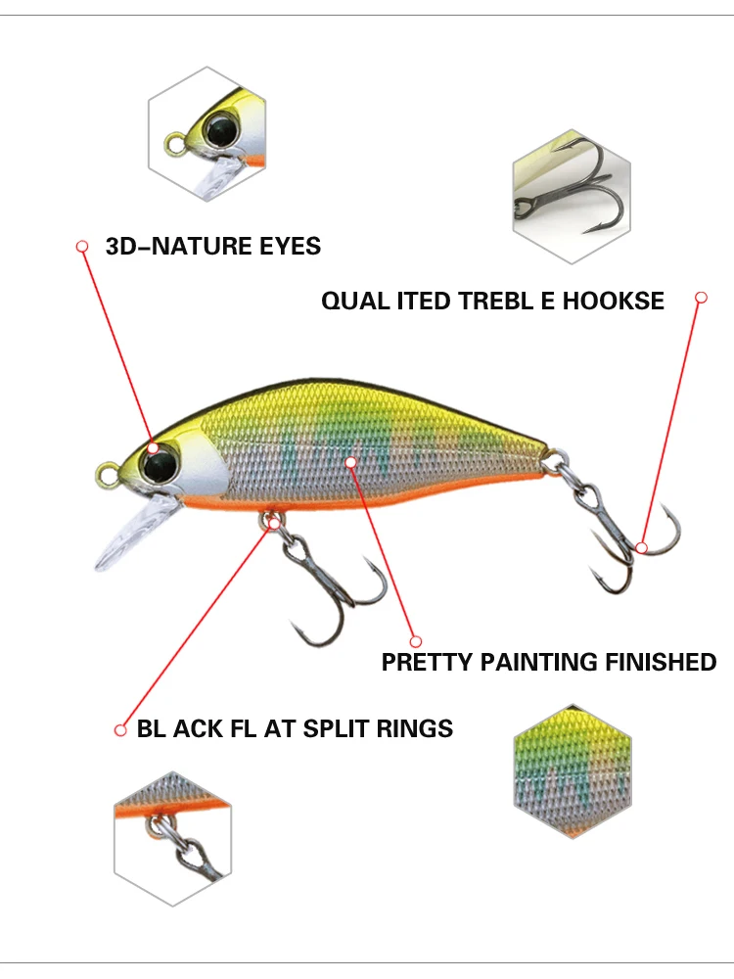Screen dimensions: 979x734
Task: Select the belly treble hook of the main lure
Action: (328, 587)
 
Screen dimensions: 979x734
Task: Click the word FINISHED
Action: (664, 663)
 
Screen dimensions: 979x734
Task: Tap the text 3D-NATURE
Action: (172, 246)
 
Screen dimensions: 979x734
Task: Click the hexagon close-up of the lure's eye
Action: (207, 135)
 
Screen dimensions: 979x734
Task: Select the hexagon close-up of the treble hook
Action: (572, 196)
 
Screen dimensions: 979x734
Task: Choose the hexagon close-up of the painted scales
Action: (573, 771)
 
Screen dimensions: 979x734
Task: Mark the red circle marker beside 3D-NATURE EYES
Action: (83, 246)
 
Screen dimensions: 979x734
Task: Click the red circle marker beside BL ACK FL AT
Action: (121, 729)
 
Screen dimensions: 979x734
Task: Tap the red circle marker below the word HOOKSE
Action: (701, 296)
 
